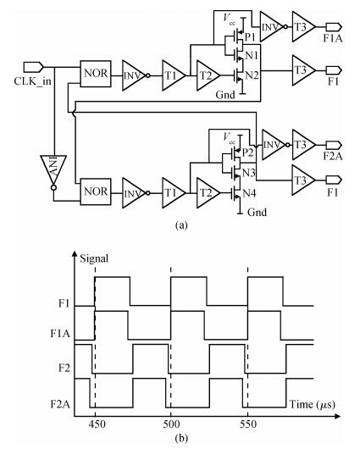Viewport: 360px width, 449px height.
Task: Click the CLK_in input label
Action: tap(33, 81)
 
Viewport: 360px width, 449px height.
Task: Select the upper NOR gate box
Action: tap(96, 74)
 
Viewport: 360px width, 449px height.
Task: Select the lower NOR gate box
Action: tap(96, 191)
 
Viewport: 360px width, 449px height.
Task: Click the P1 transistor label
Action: tap(252, 36)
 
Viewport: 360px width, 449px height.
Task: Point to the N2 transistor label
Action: tap(252, 75)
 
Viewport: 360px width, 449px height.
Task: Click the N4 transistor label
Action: tap(249, 193)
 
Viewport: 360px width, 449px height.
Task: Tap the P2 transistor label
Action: tap(248, 152)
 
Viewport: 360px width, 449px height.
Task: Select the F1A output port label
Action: tap(333, 38)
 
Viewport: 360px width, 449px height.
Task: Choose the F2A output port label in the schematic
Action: tap(333, 157)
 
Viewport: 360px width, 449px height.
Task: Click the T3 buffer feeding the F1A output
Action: tap(304, 26)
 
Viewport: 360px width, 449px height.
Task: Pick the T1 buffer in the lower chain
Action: tap(174, 193)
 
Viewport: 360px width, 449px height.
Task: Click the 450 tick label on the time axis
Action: tap(97, 424)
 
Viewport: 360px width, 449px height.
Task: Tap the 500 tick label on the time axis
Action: tap(171, 424)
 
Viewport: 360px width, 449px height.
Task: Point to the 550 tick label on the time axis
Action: tap(248, 424)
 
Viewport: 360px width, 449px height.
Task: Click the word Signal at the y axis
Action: tap(94, 259)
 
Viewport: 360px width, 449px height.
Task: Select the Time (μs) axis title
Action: tap(313, 404)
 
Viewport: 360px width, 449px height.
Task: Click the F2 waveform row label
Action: tap(64, 368)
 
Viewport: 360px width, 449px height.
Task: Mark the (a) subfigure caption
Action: tap(181, 225)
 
